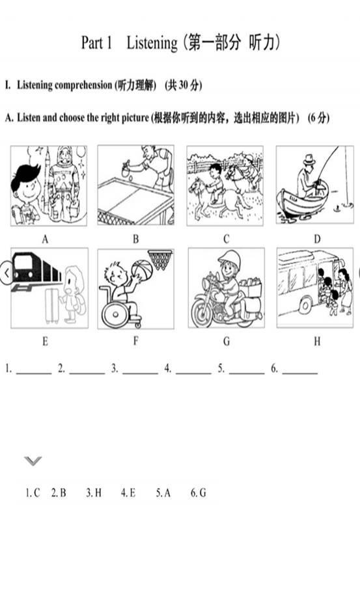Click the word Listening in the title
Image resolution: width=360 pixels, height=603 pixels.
(152, 43)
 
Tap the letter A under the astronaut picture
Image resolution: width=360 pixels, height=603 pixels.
(45, 239)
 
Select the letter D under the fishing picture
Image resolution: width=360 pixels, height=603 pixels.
(317, 239)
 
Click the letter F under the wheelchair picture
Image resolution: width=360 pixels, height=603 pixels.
(135, 341)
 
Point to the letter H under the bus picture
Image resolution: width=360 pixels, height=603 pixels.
(317, 341)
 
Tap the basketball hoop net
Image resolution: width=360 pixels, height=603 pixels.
(160, 258)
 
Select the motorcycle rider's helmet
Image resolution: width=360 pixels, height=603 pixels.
(230, 259)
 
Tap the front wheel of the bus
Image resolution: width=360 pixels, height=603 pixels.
(305, 306)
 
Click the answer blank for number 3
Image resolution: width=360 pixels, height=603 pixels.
(140, 372)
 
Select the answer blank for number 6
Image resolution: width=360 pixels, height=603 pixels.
(300, 372)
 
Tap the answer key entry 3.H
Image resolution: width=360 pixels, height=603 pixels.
(94, 492)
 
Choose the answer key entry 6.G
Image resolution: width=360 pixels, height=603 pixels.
(199, 492)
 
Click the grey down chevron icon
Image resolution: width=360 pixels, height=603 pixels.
(33, 461)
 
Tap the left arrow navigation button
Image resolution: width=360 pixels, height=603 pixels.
(6, 273)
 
